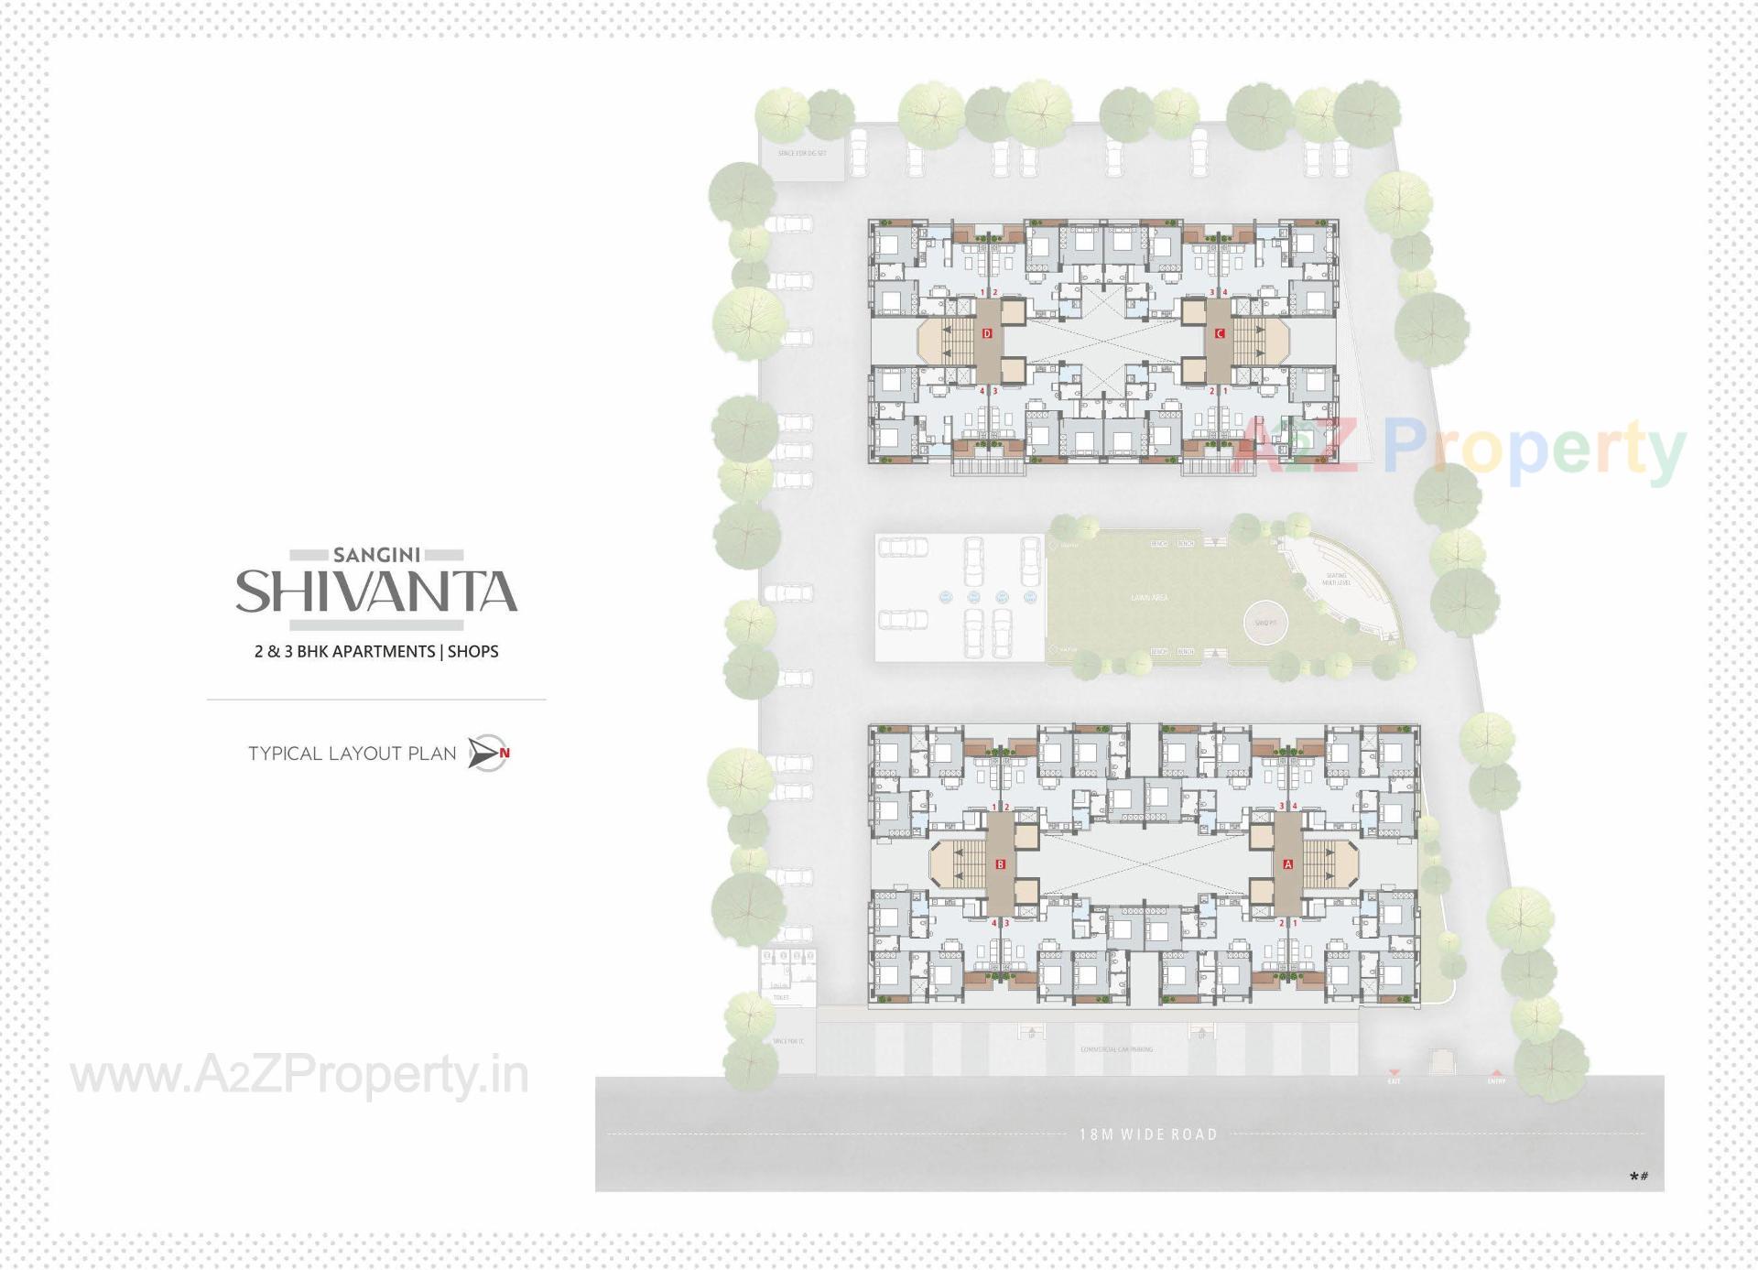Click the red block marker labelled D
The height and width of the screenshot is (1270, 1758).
click(987, 334)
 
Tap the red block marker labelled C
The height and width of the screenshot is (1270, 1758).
click(1220, 334)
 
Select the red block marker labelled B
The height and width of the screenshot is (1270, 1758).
click(1001, 864)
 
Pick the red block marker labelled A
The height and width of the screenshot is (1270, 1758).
click(1288, 864)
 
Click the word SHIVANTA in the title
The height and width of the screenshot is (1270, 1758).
click(376, 592)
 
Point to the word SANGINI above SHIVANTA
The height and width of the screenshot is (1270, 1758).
click(376, 555)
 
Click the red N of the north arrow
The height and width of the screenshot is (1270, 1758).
click(505, 754)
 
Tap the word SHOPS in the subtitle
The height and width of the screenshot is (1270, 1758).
click(473, 652)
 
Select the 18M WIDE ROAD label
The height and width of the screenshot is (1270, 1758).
click(1148, 1134)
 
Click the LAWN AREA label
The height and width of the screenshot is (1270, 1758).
click(1149, 598)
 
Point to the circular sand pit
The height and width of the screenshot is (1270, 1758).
click(1266, 623)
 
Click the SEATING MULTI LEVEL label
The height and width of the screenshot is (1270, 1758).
click(1336, 580)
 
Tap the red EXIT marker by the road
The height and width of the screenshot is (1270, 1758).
click(1394, 1078)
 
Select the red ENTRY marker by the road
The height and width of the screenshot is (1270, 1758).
click(1496, 1078)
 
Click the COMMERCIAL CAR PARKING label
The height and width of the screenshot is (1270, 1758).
click(1116, 1049)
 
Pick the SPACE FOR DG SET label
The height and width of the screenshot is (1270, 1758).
click(801, 153)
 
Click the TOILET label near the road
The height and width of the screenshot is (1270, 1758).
click(781, 997)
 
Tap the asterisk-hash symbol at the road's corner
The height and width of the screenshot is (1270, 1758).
click(1639, 1177)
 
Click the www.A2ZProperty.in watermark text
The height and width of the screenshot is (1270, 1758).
click(299, 1076)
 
